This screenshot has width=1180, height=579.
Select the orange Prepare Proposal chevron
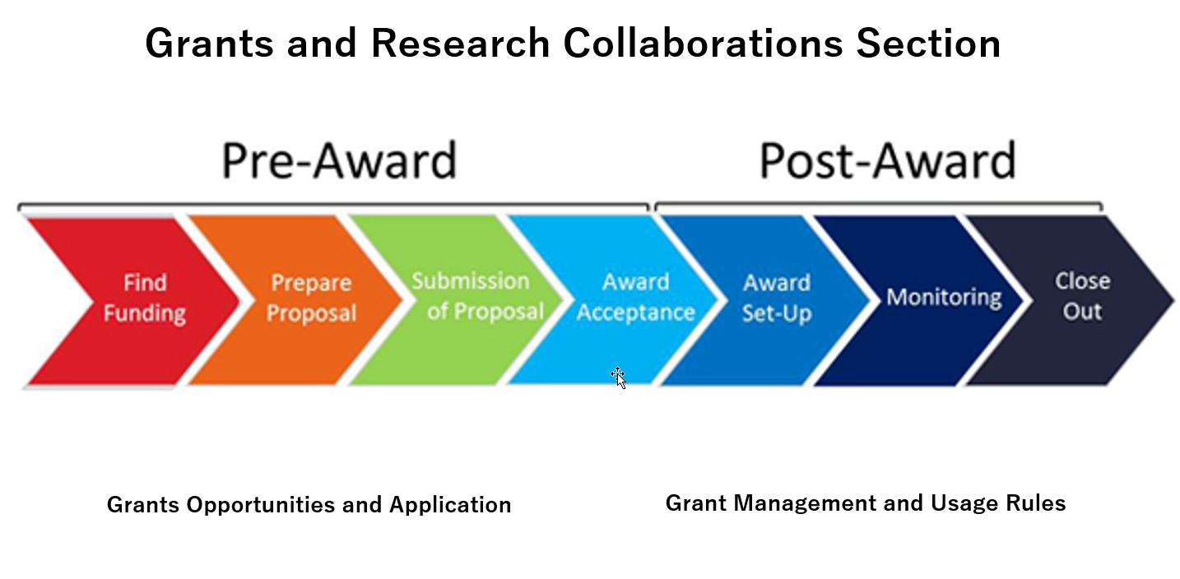point(304,300)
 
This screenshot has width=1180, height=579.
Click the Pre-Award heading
point(338,160)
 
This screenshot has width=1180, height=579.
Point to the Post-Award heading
point(886,160)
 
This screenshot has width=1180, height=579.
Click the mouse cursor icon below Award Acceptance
point(618,378)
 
